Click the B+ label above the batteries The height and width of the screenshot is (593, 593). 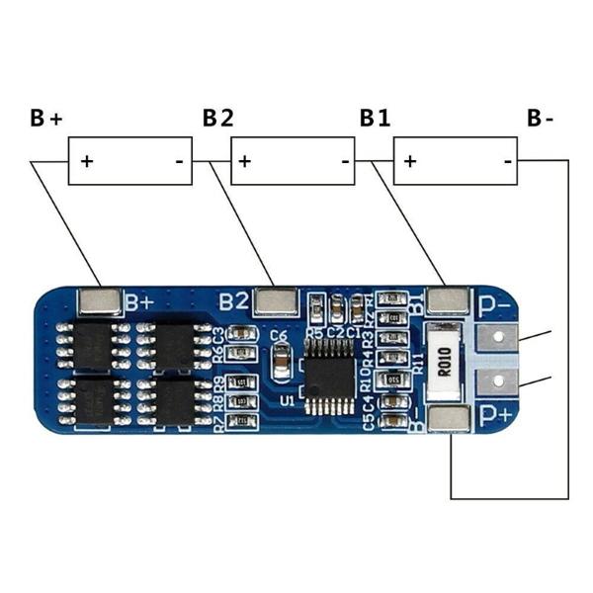click(45, 120)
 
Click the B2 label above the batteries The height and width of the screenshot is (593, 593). click(218, 120)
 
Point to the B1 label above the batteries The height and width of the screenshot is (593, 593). click(375, 120)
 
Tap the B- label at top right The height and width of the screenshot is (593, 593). click(541, 120)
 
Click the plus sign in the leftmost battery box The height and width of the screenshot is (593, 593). click(87, 160)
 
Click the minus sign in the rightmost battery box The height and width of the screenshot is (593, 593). click(506, 160)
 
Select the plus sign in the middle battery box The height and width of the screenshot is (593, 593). click(244, 160)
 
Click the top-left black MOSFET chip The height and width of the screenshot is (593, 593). click(94, 343)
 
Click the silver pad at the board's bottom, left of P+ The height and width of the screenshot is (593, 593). click(450, 419)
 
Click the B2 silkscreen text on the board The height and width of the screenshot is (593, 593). click(233, 299)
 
